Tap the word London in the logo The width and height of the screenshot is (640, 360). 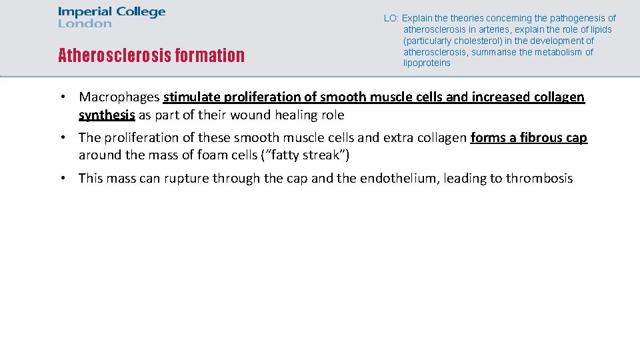[x=85, y=24]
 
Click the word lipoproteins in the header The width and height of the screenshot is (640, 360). [x=427, y=63]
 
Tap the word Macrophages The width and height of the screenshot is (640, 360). [x=119, y=97]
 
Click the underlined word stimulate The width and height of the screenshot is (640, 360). [x=191, y=97]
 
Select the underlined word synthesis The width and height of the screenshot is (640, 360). [x=107, y=115]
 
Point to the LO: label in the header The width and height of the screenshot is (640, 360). [x=391, y=18]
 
